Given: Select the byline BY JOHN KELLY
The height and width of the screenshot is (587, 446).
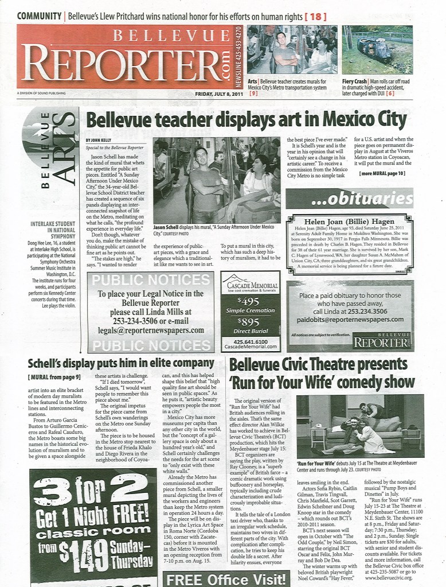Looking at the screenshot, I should pyautogui.click(x=99, y=140).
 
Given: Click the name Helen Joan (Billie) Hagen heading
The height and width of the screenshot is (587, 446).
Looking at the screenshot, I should pyautogui.click(x=349, y=223).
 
